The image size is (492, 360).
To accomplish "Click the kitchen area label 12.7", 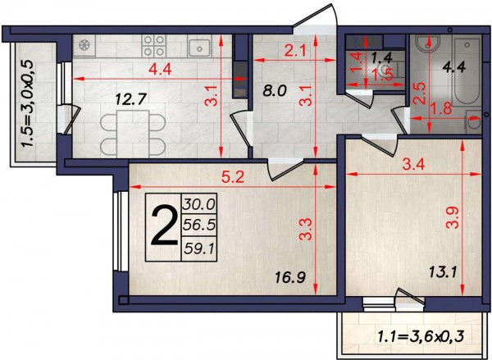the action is click(x=131, y=100).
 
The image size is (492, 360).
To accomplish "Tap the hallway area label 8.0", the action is click(x=275, y=91).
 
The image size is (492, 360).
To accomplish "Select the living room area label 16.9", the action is click(x=290, y=277).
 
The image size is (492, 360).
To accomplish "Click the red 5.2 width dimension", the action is click(x=233, y=178).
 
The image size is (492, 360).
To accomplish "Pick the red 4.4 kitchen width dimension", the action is click(x=160, y=70).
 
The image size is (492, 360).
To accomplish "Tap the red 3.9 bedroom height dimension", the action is click(x=453, y=217).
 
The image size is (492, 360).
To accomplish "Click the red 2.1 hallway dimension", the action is click(x=295, y=50).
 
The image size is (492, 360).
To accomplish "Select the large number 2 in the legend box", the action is click(x=164, y=227).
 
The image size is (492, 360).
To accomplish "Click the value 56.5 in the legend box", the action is click(x=199, y=225).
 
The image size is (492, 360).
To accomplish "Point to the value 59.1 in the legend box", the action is click(x=199, y=249).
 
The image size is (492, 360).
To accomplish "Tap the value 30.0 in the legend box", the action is click(x=199, y=205).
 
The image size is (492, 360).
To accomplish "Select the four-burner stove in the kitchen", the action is click(x=153, y=46).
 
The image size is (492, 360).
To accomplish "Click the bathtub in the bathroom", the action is click(x=467, y=71).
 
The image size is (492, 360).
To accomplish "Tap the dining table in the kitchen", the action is click(x=132, y=134).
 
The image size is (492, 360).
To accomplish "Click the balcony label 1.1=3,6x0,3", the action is click(x=421, y=337).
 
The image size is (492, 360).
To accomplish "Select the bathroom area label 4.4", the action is click(x=453, y=67).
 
